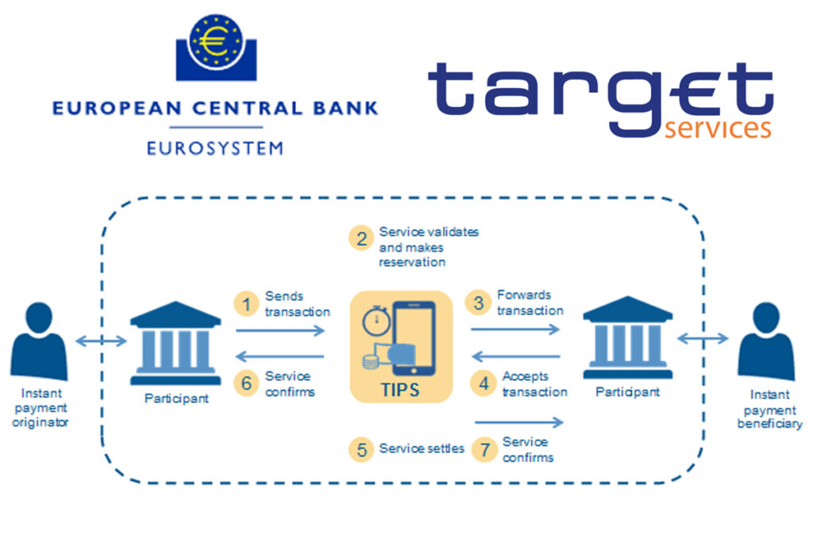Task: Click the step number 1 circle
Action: pyautogui.click(x=247, y=303)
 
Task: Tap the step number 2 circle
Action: pyautogui.click(x=361, y=237)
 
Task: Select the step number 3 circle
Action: pyautogui.click(x=479, y=302)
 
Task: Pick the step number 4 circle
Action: pyautogui.click(x=483, y=384)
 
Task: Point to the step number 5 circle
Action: pyautogui.click(x=361, y=449)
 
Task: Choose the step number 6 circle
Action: pyautogui.click(x=247, y=383)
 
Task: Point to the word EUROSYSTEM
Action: pyautogui.click(x=215, y=148)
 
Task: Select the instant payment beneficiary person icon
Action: pyautogui.click(x=766, y=341)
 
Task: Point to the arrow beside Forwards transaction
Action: pyautogui.click(x=516, y=329)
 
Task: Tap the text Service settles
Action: pyautogui.click(x=422, y=449)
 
